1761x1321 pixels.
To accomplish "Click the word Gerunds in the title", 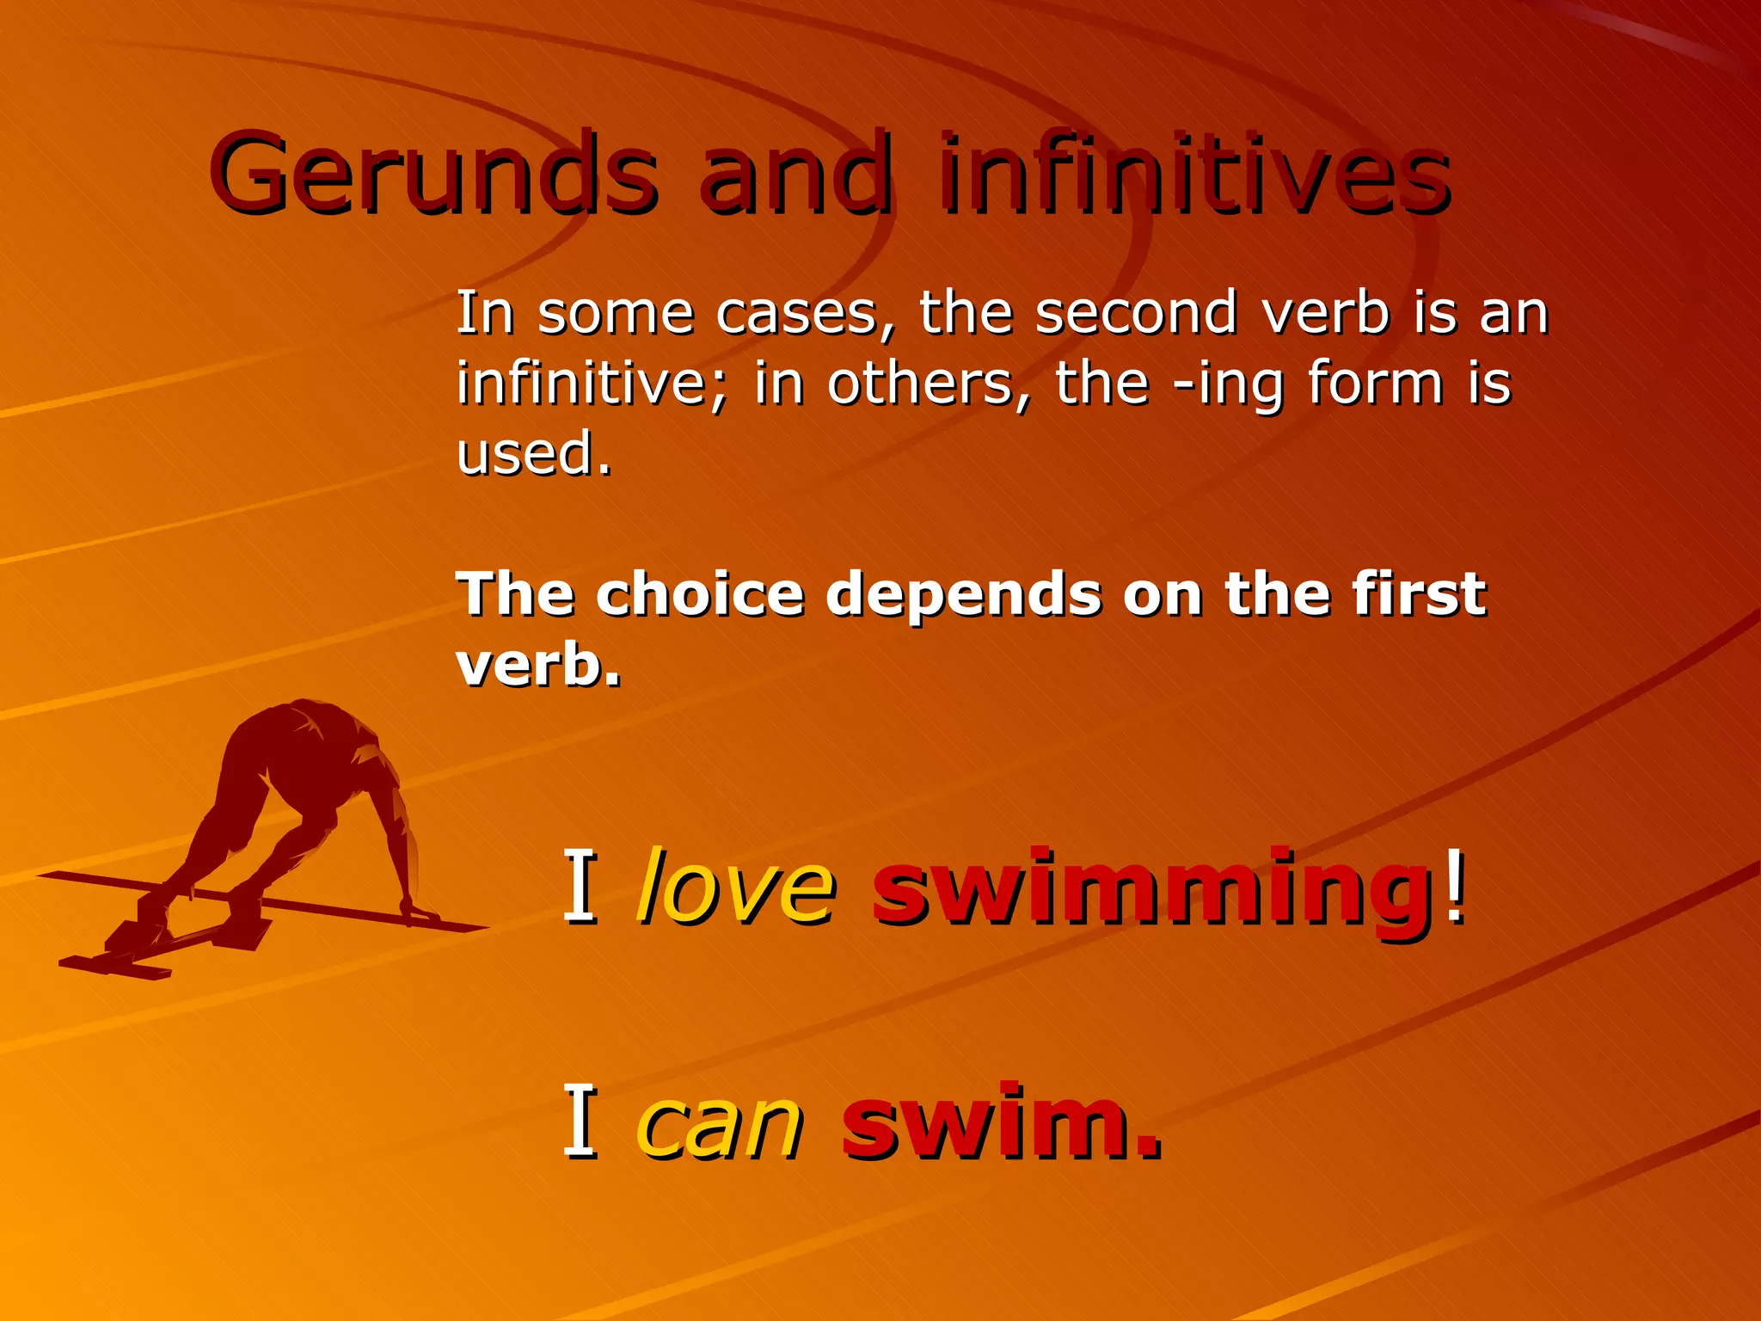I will click(434, 175).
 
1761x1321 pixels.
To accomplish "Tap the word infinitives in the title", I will click(1195, 175).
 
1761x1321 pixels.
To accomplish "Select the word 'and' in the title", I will click(796, 175).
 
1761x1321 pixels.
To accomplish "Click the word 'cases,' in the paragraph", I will click(806, 314).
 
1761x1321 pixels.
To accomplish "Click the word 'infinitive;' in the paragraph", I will click(592, 384).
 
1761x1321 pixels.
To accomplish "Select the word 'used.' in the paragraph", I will click(534, 453).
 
